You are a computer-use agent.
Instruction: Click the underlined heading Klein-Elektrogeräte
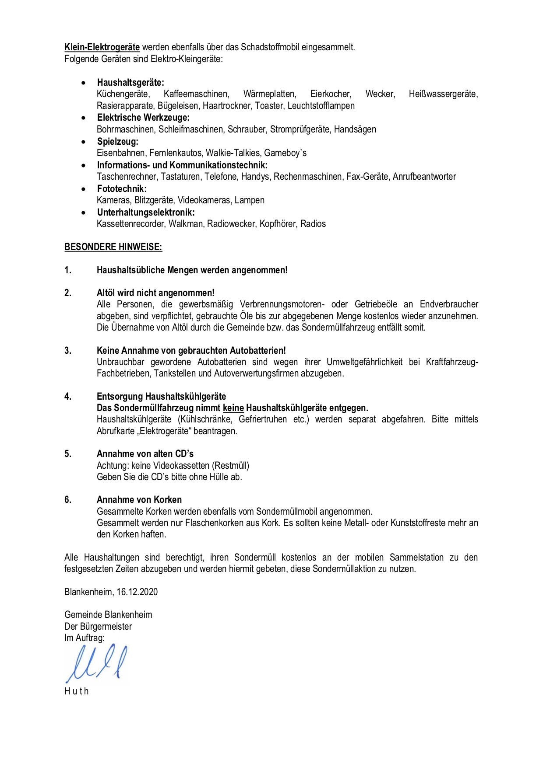[102, 47]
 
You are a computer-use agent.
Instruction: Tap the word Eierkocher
[331, 94]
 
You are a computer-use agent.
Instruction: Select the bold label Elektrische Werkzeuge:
[143, 118]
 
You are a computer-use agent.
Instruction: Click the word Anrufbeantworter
[424, 177]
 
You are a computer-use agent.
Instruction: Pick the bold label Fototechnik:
[122, 189]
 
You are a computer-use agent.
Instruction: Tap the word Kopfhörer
[278, 224]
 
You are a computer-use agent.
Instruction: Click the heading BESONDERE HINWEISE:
[113, 247]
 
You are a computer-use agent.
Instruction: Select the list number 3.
[68, 351]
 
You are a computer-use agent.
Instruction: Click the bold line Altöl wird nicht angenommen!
[155, 293]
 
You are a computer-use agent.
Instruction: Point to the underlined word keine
[233, 408]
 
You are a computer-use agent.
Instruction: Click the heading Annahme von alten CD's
[145, 454]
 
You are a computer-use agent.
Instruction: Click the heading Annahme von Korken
[139, 500]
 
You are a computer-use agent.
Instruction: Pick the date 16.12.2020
[137, 592]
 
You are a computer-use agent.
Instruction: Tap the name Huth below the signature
[76, 691]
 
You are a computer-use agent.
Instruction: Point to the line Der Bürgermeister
[98, 627]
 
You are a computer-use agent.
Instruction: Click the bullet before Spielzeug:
[84, 142]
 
